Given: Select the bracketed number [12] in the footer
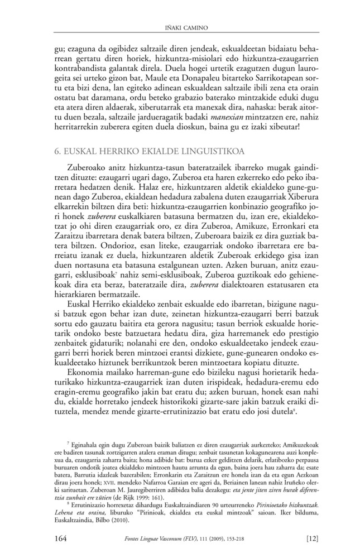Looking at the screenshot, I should pos(312,538).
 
